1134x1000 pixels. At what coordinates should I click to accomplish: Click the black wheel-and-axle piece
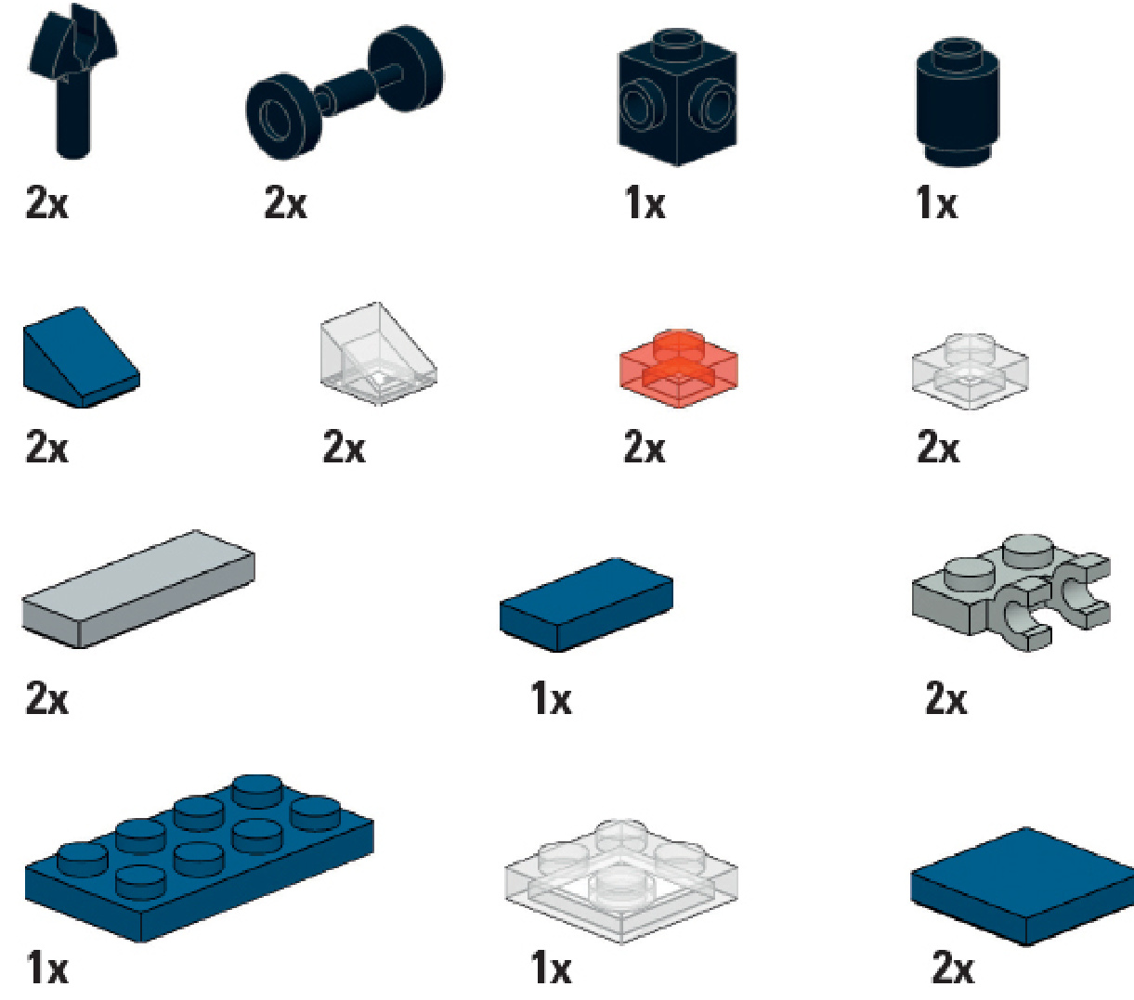345,91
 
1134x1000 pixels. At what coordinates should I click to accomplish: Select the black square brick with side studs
677,98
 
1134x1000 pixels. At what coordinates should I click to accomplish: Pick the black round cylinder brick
958,102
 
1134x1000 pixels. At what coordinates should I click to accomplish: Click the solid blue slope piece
81,357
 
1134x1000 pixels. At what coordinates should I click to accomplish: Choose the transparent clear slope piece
378,354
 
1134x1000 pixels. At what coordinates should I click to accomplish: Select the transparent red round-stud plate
678,369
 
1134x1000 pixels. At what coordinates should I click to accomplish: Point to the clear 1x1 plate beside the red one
971,371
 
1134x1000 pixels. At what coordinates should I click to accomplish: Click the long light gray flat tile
138,589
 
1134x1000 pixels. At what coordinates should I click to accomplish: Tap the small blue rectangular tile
586,604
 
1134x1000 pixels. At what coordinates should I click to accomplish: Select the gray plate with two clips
1010,593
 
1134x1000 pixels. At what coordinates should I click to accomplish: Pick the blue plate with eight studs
200,859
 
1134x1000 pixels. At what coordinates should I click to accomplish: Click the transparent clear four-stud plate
621,882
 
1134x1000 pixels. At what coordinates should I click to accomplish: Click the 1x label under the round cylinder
937,202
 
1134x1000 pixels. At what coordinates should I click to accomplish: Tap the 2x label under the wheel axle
285,202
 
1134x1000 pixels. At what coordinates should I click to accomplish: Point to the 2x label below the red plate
645,447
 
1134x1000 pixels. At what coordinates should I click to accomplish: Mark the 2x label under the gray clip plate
946,697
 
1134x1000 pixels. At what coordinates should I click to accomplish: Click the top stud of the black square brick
677,43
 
